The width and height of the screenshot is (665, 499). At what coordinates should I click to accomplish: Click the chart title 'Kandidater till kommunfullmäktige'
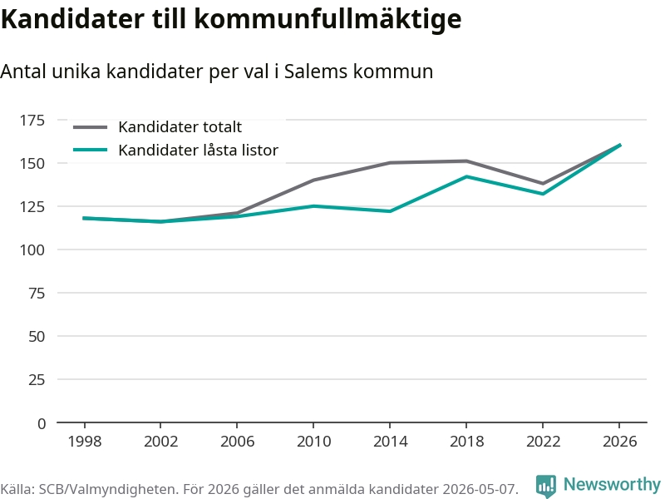pyautogui.click(x=231, y=18)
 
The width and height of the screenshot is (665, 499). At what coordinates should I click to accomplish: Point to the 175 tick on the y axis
pyautogui.click(x=32, y=121)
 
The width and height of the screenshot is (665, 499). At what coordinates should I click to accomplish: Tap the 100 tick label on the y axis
pyautogui.click(x=32, y=250)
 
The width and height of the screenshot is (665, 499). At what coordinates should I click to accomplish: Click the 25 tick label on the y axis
pyautogui.click(x=37, y=380)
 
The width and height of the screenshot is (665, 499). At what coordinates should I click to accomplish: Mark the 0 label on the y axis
pyautogui.click(x=41, y=423)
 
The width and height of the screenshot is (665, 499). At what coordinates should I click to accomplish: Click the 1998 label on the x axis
pyautogui.click(x=85, y=442)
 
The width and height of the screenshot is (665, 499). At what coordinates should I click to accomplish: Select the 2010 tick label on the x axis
pyautogui.click(x=313, y=442)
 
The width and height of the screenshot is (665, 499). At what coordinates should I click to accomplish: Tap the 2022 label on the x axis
pyautogui.click(x=543, y=442)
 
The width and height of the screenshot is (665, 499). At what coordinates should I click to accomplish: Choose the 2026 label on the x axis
pyautogui.click(x=619, y=442)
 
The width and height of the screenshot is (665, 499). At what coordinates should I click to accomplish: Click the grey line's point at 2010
pyautogui.click(x=313, y=180)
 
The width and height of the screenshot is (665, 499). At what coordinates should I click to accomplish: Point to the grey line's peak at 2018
pyautogui.click(x=466, y=161)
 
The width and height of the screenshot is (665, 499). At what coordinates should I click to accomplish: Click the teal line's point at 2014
pyautogui.click(x=390, y=211)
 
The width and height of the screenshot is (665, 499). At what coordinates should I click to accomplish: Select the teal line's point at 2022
pyautogui.click(x=543, y=194)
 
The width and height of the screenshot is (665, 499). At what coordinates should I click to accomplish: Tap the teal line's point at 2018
pyautogui.click(x=466, y=176)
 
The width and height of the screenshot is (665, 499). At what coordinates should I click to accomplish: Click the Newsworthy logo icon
pyautogui.click(x=546, y=486)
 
